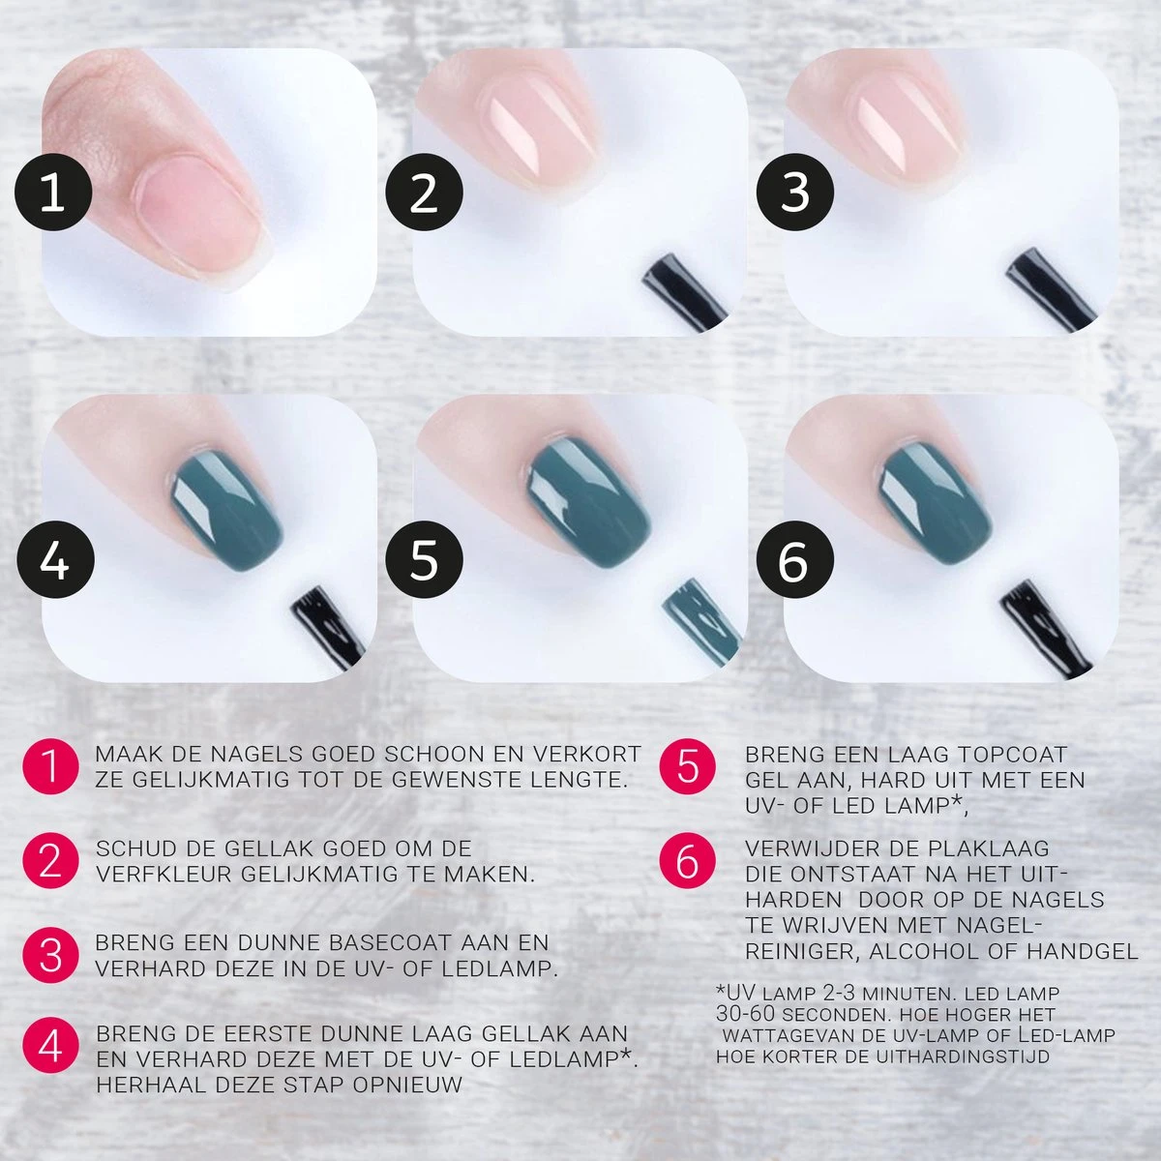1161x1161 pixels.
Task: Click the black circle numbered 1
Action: point(53,193)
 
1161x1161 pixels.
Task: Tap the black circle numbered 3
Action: point(794,193)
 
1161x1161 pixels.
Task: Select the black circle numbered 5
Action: point(424,560)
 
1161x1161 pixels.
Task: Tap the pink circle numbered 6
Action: point(687,860)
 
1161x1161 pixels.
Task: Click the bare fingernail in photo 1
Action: point(198,218)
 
